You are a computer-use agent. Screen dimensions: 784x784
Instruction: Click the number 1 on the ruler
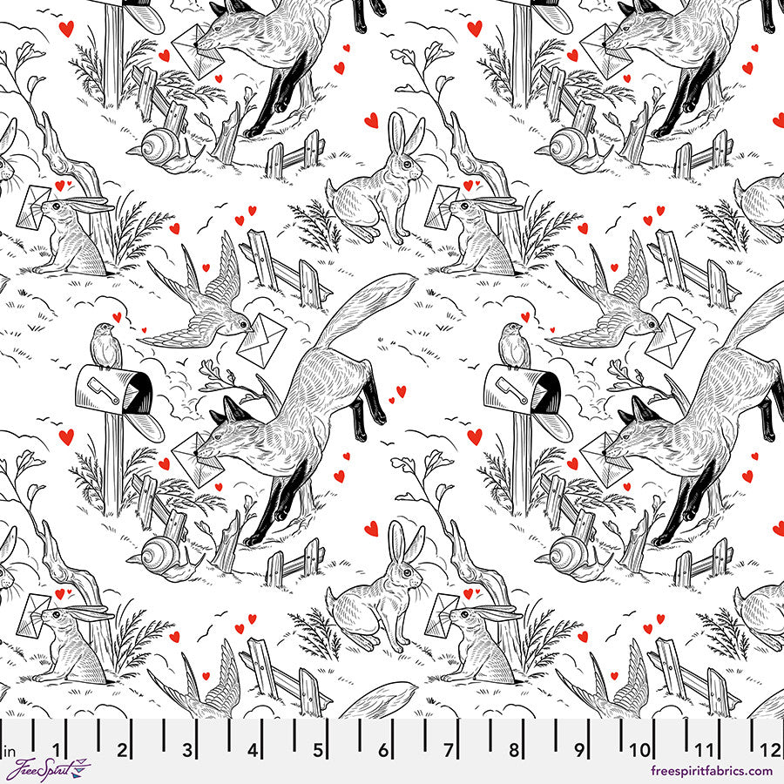click(x=57, y=749)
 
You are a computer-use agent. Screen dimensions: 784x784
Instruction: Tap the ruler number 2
click(x=123, y=749)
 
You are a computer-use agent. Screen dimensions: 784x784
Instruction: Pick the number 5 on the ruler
click(x=319, y=749)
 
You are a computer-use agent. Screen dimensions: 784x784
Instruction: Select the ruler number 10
click(x=641, y=749)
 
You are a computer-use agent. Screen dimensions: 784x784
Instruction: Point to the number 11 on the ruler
click(x=706, y=749)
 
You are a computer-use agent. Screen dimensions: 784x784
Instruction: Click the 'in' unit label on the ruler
click(x=12, y=750)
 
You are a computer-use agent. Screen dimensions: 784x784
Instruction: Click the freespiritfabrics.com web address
click(x=711, y=771)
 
